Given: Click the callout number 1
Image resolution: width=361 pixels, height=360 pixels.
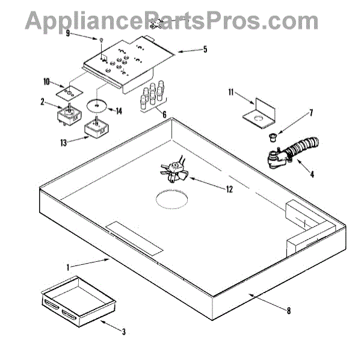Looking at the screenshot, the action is pos(85,265).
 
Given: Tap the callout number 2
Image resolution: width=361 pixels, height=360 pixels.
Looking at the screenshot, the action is pos(42,103).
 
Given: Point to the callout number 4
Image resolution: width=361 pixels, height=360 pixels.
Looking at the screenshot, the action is pos(312,176).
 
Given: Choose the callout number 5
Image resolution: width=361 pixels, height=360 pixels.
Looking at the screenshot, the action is pos(205,49).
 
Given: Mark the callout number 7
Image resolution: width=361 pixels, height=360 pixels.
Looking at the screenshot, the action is pos(294,112).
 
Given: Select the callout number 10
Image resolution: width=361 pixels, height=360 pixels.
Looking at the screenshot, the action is pos(46,81).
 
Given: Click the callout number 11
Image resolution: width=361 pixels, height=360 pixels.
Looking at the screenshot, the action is pos(231,92).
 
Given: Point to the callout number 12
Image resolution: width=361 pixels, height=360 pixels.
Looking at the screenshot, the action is pos(229,189).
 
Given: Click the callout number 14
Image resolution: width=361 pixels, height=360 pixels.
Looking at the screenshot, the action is pos(119,111).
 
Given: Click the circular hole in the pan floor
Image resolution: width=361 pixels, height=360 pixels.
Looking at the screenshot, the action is pos(173,199).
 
